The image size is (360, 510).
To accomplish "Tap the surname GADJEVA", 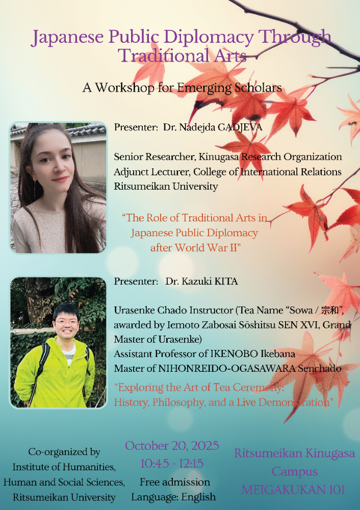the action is pos(240,127).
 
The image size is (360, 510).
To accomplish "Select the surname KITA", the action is pos(226,282).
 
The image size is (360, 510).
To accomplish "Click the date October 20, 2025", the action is pos(172,446).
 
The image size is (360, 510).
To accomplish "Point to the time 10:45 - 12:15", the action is pos(172,463).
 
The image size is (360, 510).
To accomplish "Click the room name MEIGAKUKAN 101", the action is pos(293,490).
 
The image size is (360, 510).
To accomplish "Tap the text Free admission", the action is pos(174,482).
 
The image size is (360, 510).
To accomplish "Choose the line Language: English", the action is pos(173,497).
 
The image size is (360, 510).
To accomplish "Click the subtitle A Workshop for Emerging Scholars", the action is pos(182,88).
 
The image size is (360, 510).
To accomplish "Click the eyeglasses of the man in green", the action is pos(67,322).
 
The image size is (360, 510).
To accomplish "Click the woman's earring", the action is pos(35,190).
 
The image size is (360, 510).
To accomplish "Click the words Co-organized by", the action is pos(64,452).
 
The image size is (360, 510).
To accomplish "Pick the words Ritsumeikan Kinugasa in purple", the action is pos(295,453).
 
